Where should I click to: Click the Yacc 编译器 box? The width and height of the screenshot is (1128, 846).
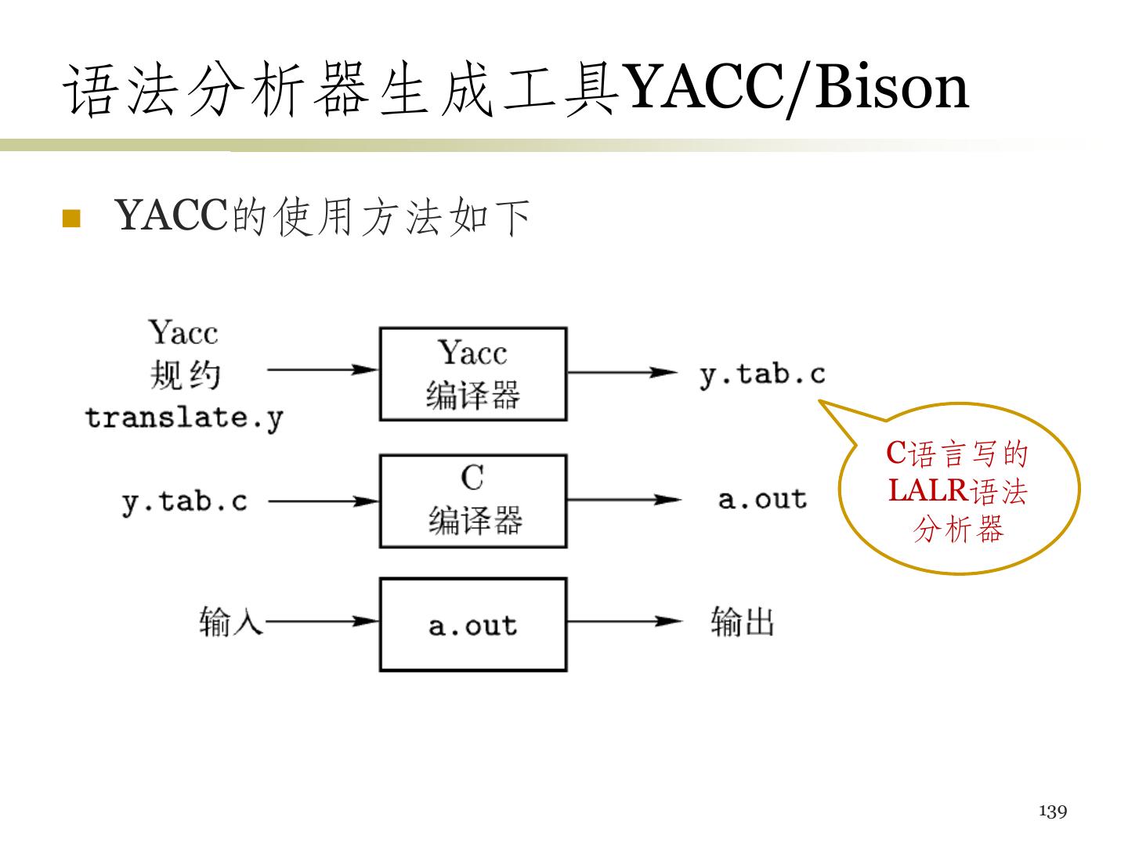coord(472,374)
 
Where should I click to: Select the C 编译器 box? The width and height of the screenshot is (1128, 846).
coord(472,501)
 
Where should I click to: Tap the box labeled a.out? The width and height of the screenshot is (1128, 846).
coord(472,624)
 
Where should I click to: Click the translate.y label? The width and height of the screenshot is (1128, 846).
coord(184,418)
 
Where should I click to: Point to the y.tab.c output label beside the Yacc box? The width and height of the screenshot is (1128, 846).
coord(762,374)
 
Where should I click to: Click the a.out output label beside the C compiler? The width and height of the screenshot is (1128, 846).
coord(762,499)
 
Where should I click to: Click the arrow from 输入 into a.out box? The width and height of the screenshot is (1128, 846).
coord(321,622)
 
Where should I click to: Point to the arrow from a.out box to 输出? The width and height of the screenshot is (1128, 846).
coord(624,622)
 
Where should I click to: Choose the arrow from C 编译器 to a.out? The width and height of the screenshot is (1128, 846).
coord(624,500)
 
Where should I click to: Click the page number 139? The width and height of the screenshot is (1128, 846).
coord(1053,812)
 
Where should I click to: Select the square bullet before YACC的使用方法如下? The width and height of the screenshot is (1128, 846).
coord(71,218)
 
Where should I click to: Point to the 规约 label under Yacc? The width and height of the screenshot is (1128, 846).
coord(185,375)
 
